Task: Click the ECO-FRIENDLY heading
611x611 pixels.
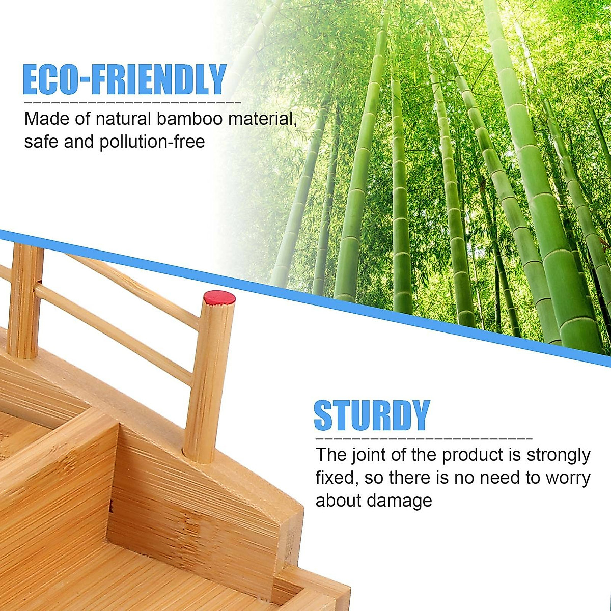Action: coord(125,79)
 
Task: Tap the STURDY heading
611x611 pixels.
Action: coord(372,415)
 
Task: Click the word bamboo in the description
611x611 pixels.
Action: coord(189,119)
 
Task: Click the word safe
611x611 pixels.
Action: coord(41,142)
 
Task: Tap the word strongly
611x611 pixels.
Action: coord(558,455)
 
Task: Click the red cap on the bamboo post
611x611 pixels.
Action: coord(219,297)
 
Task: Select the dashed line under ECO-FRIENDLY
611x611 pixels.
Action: coord(132,102)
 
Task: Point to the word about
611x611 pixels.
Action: coord(338,501)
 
